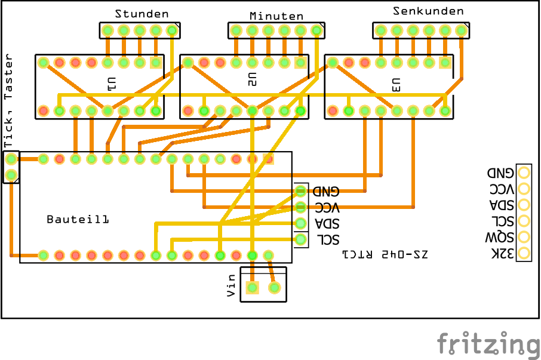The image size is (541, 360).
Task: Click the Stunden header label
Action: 142,14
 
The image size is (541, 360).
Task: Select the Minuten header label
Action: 276,16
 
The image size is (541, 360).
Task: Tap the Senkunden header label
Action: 428,11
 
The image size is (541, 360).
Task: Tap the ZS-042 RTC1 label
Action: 386,254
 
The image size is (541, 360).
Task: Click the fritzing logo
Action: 488,344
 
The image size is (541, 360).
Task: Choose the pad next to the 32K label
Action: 524,253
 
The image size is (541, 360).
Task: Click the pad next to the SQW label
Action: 524,236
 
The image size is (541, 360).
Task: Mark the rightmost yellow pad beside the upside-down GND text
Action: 524,173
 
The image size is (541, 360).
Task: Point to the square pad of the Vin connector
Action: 252,288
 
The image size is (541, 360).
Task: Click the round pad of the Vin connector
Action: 274,288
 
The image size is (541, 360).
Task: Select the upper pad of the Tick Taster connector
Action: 11,159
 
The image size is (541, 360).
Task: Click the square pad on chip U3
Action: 445,62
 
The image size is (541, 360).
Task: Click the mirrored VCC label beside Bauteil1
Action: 327,208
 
